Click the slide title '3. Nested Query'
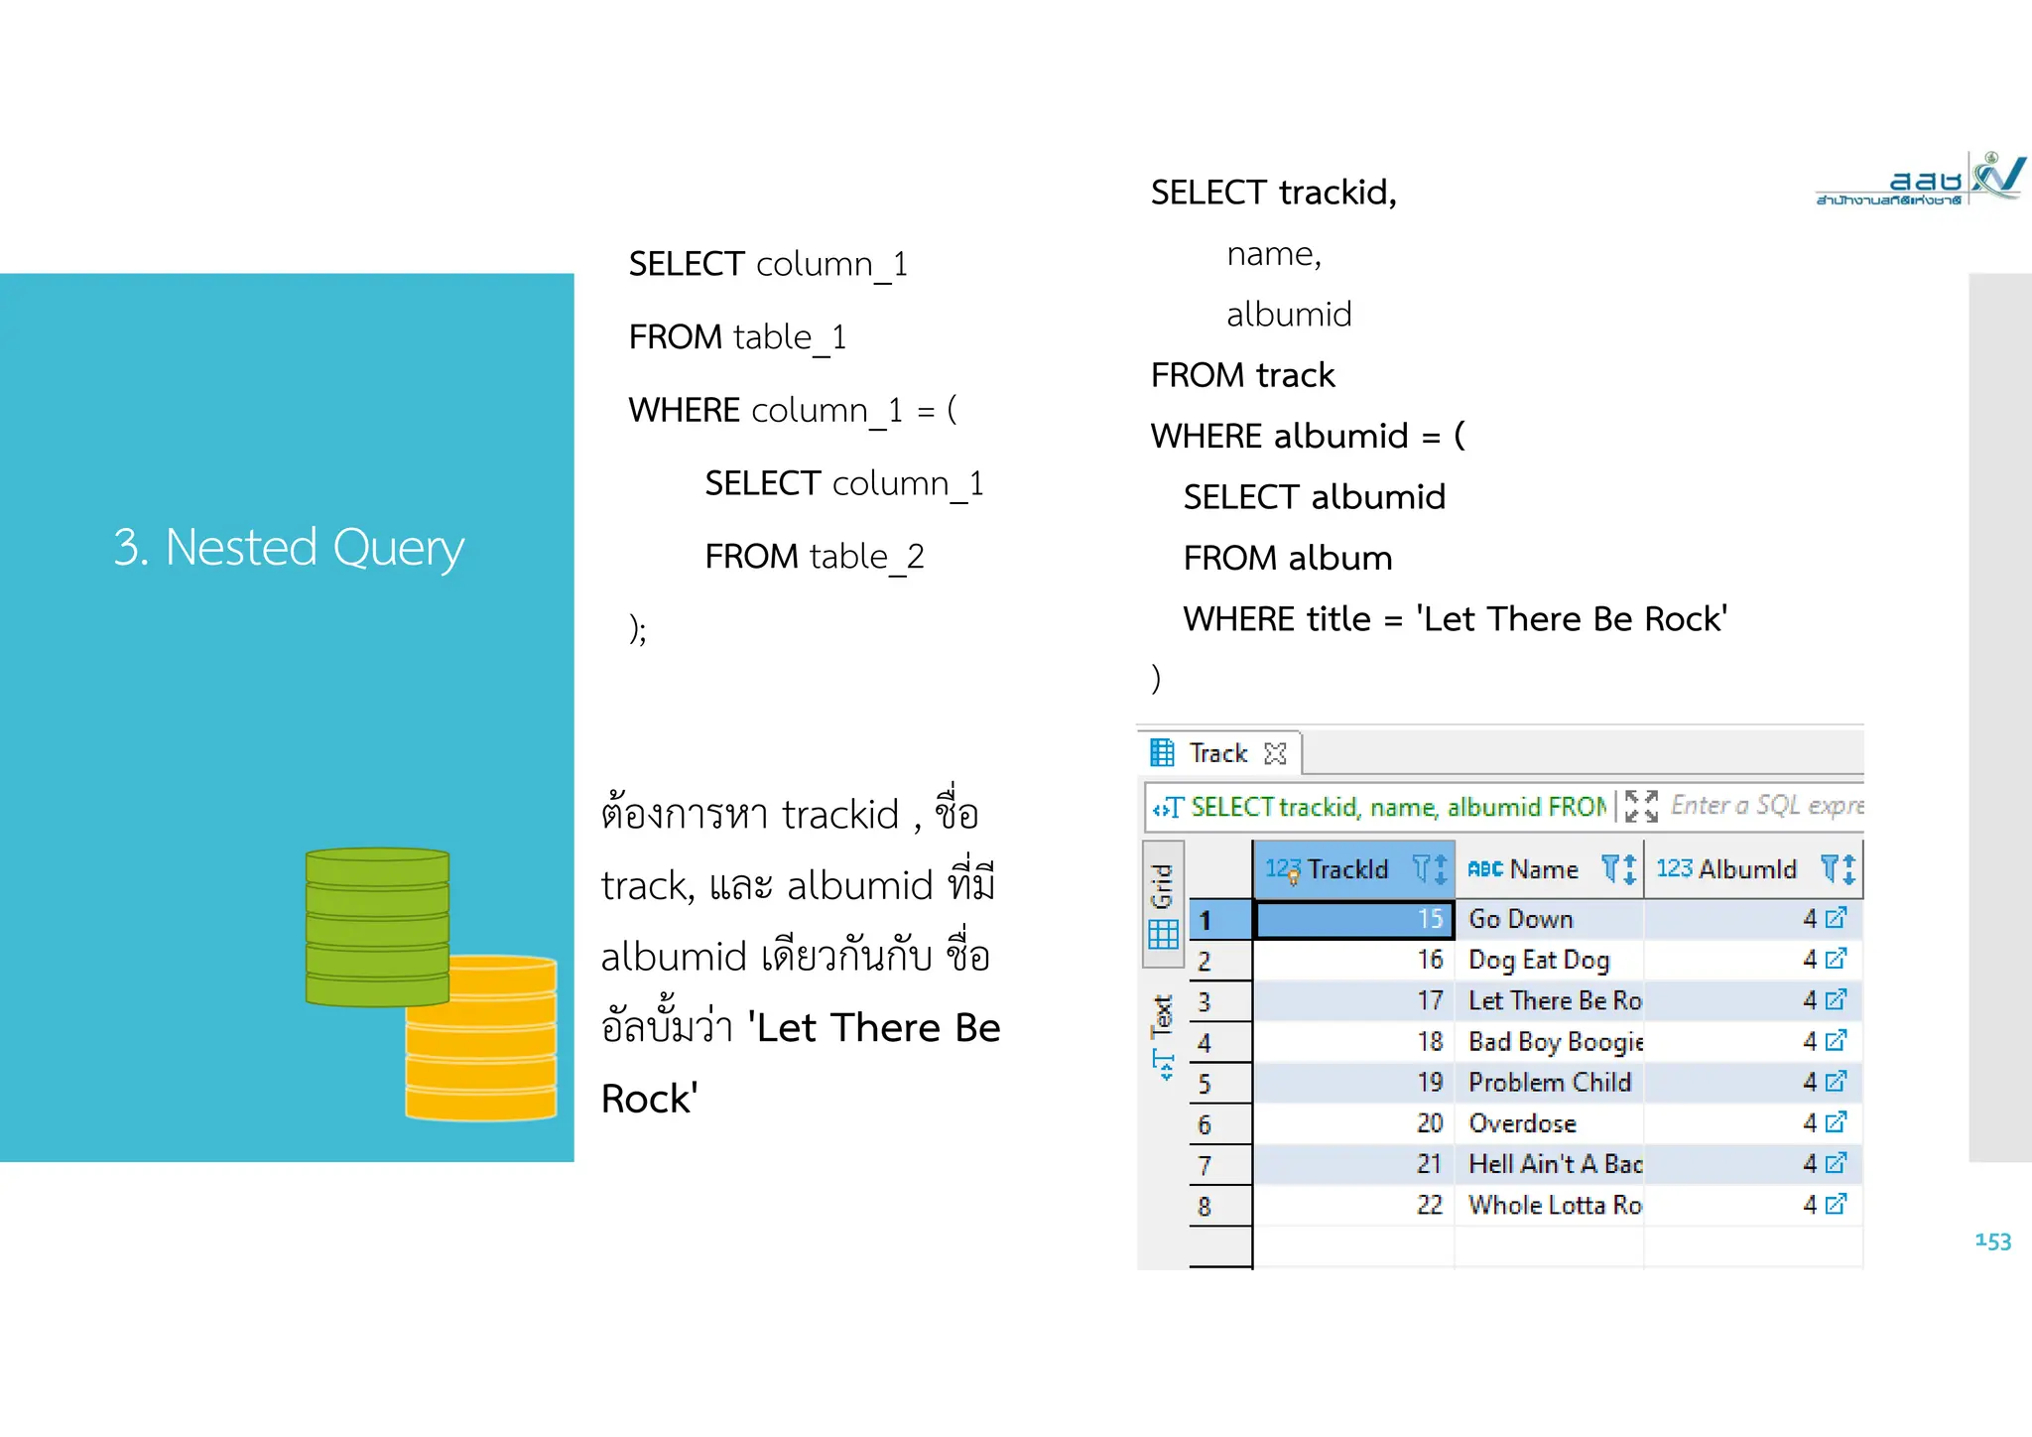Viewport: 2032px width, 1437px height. click(x=289, y=547)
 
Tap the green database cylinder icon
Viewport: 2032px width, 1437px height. click(x=377, y=927)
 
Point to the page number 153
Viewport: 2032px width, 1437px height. click(x=1992, y=1241)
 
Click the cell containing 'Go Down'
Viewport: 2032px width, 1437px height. click(x=1521, y=919)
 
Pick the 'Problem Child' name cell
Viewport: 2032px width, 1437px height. click(x=1549, y=1083)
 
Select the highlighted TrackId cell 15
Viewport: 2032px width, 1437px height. click(x=1355, y=919)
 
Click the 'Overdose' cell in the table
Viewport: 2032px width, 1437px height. click(x=1522, y=1123)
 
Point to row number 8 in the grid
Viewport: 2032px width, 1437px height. click(x=1205, y=1207)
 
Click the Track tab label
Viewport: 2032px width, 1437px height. click(x=1218, y=753)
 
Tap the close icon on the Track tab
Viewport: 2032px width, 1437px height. click(x=1276, y=754)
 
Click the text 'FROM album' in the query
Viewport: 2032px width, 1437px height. click(x=1287, y=559)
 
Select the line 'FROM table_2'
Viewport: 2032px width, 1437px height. click(x=814, y=557)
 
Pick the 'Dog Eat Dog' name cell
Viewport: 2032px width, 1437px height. click(x=1538, y=960)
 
